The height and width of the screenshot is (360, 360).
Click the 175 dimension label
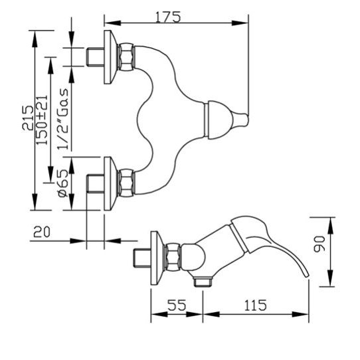coord(168,17)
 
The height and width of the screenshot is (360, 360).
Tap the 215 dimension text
coord(28,118)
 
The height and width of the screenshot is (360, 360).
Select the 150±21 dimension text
coord(42,120)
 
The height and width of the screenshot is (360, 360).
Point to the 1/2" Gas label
coord(63,119)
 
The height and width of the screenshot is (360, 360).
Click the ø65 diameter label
coord(63,183)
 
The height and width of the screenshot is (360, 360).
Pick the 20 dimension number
coord(42,232)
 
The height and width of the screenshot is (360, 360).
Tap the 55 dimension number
coord(177,305)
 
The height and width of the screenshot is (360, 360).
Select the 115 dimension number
coord(255,305)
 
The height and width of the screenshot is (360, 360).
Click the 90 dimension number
coord(319,244)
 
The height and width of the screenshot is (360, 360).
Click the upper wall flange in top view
coord(110,57)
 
